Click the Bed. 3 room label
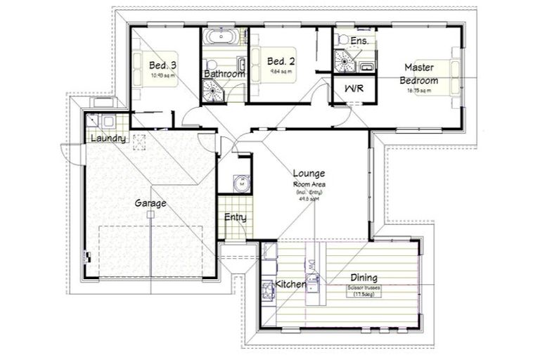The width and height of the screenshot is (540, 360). tap(157, 65)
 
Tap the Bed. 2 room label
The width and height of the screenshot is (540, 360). tap(281, 61)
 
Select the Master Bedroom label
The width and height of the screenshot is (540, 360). tap(419, 74)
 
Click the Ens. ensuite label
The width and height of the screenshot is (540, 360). tap(359, 42)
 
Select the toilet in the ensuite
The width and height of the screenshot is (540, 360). tap(341, 38)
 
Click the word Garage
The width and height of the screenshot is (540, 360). tap(150, 203)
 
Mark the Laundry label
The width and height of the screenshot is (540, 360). tap(108, 139)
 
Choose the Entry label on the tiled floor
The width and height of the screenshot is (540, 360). tap(235, 217)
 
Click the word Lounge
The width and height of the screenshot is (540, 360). tap(309, 173)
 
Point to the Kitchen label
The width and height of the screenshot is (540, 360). tap(290, 284)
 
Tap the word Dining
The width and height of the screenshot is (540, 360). tap(364, 278)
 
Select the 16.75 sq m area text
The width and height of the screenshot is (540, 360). tap(419, 90)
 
